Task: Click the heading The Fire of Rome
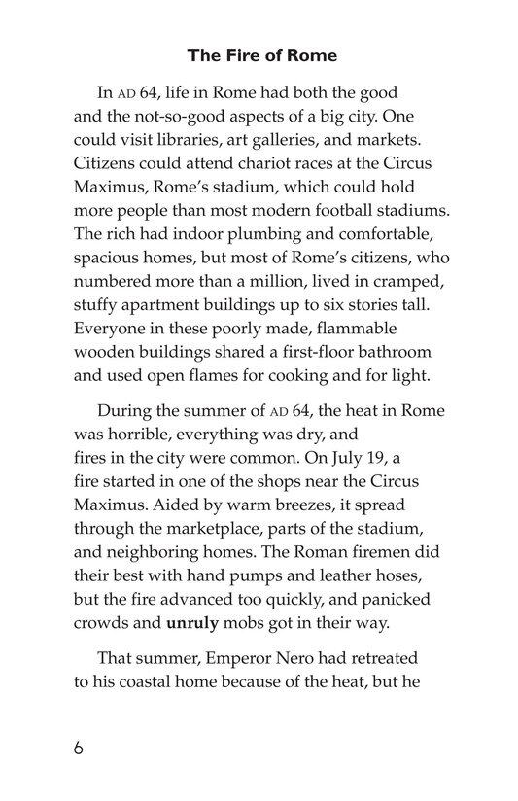pyautogui.click(x=259, y=55)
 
